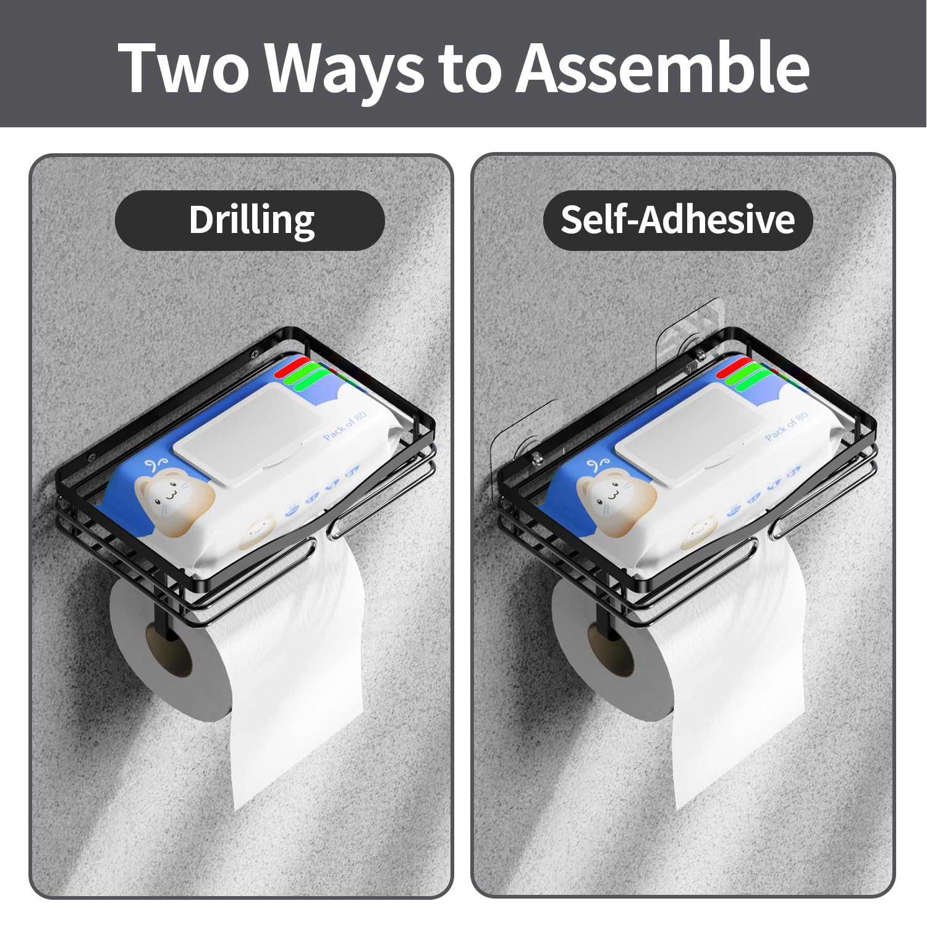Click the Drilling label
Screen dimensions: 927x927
(x=250, y=221)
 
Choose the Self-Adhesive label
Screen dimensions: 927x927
(x=678, y=221)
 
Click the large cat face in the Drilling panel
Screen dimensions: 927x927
(x=175, y=495)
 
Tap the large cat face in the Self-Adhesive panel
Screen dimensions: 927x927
(x=617, y=495)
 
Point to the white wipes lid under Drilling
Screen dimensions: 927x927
(x=250, y=436)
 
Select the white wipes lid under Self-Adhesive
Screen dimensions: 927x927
(x=692, y=436)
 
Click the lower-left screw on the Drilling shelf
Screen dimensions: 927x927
(x=91, y=458)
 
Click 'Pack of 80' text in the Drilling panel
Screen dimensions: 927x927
(x=345, y=425)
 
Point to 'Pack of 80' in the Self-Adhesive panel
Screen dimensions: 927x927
(x=786, y=425)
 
